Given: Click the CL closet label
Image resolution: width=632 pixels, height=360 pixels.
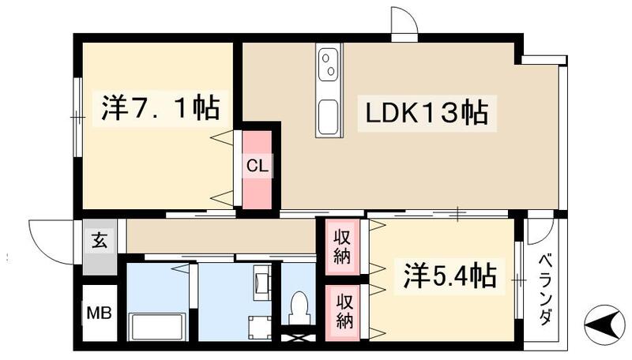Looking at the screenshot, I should pyautogui.click(x=257, y=167).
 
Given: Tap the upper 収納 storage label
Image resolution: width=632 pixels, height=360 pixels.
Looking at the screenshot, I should pyautogui.click(x=342, y=246).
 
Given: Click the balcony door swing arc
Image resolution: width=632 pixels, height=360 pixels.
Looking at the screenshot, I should pyautogui.click(x=540, y=231).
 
